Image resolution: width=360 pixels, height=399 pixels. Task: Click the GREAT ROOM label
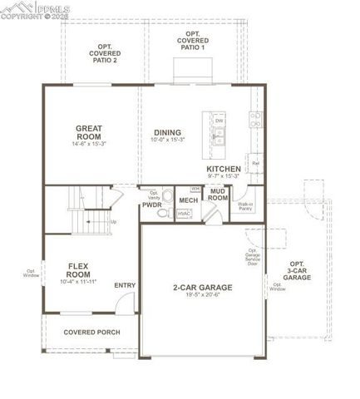tap(89, 133)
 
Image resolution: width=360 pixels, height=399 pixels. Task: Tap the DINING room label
tap(167, 132)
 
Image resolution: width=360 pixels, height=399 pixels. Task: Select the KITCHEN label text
tap(224, 169)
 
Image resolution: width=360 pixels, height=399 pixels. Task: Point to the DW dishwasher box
tap(219, 121)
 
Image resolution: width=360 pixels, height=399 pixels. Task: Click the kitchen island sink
tap(219, 139)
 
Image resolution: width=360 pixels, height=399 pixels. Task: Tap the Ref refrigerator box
tap(255, 164)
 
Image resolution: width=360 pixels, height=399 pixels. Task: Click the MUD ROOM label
tap(218, 195)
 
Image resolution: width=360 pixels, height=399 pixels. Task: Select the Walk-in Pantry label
tap(245, 206)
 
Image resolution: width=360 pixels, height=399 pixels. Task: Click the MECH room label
tap(189, 200)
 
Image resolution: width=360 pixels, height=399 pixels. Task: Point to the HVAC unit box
tap(185, 214)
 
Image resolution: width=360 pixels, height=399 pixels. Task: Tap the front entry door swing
tap(122, 303)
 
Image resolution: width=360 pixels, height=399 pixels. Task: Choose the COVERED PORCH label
tap(92, 332)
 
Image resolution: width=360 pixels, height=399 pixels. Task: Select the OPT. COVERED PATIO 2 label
tap(104, 53)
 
